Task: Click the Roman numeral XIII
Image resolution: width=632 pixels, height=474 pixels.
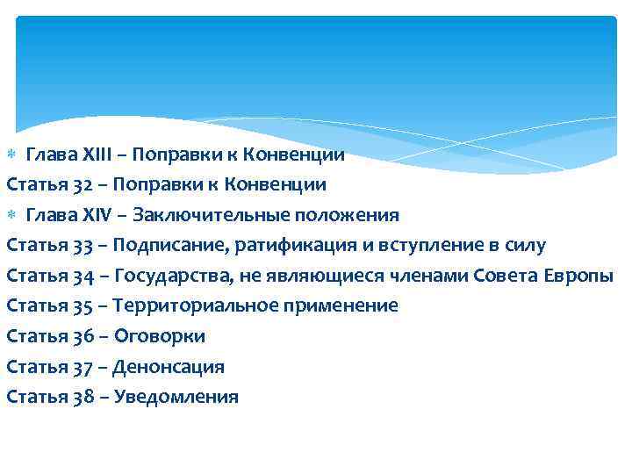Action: pyautogui.click(x=84, y=155)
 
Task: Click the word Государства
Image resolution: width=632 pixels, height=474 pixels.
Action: pyautogui.click(x=170, y=276)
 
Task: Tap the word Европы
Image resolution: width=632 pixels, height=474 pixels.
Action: pyautogui.click(x=580, y=276)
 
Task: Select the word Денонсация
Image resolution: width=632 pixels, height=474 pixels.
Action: pyautogui.click(x=169, y=367)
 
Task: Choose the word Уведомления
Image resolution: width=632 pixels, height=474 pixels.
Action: pyautogui.click(x=176, y=397)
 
